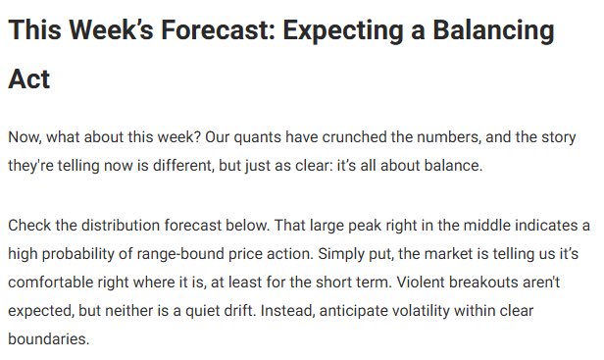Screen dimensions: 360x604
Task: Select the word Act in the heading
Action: tap(29, 79)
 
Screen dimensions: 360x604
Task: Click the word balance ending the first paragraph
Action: tap(452, 165)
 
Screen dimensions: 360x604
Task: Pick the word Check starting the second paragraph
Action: tap(29, 227)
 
